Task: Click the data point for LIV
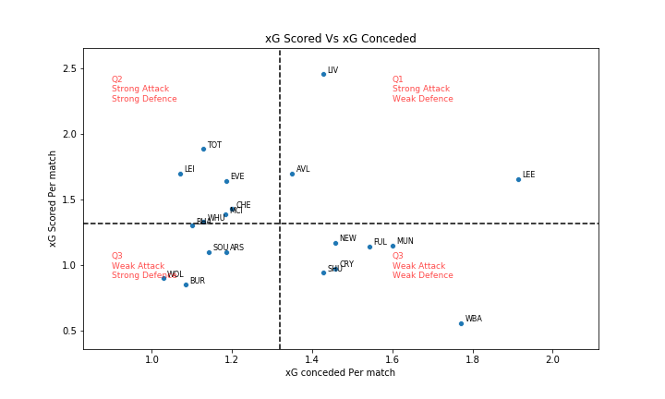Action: pos(323,74)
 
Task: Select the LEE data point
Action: pos(518,179)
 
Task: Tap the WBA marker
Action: pos(461,323)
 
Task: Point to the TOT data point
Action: pos(203,149)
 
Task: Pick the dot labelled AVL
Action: pos(292,174)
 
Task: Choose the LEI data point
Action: pos(180,174)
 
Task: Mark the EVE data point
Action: pos(226,181)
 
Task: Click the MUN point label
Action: pos(405,242)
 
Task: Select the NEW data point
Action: pos(335,243)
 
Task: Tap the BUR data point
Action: pos(186,284)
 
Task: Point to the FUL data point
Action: pos(369,247)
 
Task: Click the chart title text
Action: pos(340,39)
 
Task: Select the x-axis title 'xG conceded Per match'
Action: pos(340,373)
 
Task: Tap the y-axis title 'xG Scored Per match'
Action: pos(54,199)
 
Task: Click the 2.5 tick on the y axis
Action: pos(68,69)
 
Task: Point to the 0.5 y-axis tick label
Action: pos(68,332)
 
